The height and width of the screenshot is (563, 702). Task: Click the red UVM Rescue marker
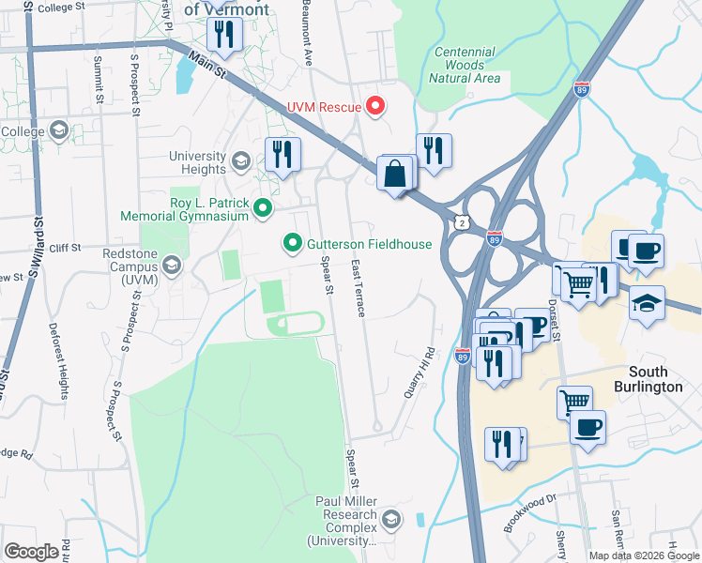pos(375,106)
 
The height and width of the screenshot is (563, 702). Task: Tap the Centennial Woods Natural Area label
pos(460,65)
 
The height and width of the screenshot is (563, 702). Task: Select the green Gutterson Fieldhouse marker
pos(293,244)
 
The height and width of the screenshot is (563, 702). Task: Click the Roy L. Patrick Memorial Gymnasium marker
pos(263,208)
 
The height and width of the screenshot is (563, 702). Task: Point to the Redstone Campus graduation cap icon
pos(171,267)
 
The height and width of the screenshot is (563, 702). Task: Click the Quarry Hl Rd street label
pos(421,373)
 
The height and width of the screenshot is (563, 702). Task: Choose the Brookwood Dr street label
pos(529,513)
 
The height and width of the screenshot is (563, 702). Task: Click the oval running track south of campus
pos(296,325)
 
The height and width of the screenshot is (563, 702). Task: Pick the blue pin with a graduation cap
pos(647,304)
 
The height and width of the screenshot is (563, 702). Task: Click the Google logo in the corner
pos(31,552)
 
